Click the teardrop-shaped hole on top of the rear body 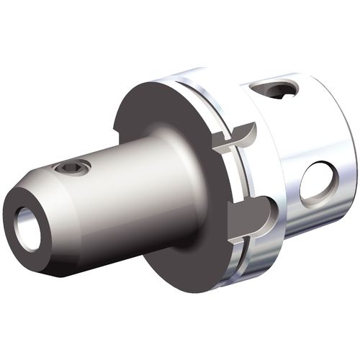point(278,91)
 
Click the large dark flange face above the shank point(155,115)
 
